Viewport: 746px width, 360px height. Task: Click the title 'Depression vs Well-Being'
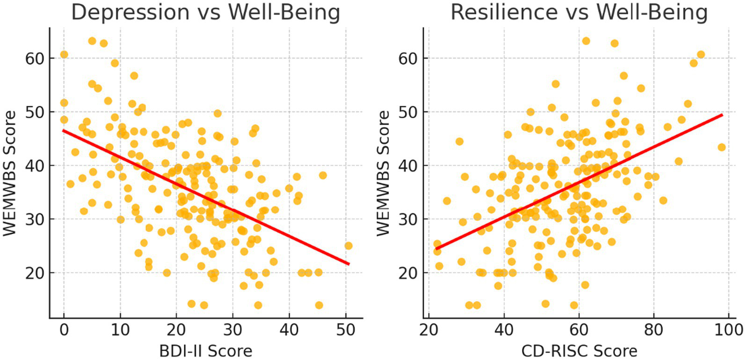click(x=206, y=13)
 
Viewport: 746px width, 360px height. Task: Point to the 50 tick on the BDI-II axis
click(x=346, y=331)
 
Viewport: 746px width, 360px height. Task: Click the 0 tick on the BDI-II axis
click(x=64, y=331)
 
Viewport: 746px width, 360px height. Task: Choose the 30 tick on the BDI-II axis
click(x=233, y=331)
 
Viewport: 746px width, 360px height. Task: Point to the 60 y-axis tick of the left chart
click(x=35, y=58)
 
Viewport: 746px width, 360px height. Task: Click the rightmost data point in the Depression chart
click(x=348, y=246)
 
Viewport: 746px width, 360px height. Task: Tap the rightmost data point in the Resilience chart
click(x=721, y=147)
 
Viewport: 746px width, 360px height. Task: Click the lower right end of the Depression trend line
click(x=348, y=264)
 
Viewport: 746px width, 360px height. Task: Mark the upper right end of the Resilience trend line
click(x=722, y=115)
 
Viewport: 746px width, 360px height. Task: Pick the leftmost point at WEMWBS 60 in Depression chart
click(x=64, y=54)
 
